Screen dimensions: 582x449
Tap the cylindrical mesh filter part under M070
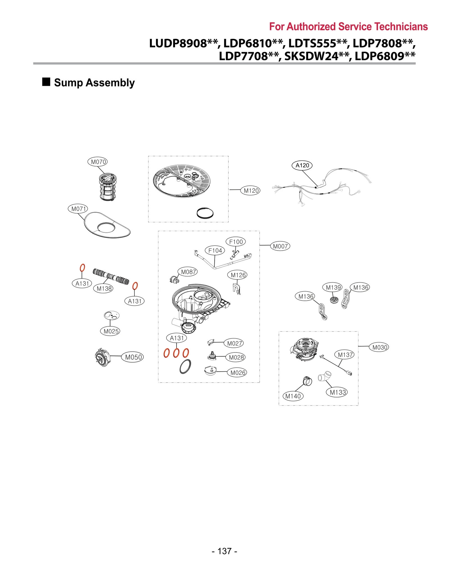point(108,187)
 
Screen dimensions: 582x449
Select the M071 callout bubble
point(78,209)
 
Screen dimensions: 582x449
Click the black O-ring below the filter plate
point(205,213)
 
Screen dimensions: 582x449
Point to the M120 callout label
point(250,191)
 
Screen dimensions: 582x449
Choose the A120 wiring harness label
point(302,165)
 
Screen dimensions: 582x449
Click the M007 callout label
point(280,246)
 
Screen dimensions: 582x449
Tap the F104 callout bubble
point(215,250)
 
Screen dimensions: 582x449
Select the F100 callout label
point(236,242)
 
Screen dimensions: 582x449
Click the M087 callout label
point(188,272)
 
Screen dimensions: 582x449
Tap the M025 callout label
point(110,331)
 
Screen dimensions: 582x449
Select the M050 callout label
point(133,357)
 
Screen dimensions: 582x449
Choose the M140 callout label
point(293,396)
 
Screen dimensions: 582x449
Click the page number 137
point(224,551)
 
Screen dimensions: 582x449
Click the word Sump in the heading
point(68,83)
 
